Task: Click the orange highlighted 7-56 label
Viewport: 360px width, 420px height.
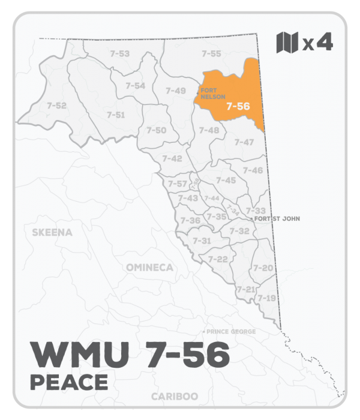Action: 238,106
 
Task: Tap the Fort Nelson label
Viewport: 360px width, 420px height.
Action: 209,93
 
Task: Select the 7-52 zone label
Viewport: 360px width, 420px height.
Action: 56,106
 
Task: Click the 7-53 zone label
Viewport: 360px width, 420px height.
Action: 120,54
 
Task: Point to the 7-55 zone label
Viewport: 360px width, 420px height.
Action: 211,54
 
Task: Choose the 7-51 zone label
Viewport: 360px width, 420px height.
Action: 116,115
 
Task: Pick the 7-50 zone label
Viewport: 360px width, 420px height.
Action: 157,130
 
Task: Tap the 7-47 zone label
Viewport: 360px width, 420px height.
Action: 244,142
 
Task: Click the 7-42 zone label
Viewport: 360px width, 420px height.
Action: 172,158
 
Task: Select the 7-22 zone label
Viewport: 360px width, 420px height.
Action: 218,259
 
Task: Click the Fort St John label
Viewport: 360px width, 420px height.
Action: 277,219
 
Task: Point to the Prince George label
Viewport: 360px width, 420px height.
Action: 231,332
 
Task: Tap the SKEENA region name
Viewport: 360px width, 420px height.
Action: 52,232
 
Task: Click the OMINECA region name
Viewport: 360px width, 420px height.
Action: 149,267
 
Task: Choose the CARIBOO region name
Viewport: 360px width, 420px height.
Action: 175,397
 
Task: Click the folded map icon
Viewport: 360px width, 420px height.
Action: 287,43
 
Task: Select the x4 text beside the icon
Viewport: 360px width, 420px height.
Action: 317,43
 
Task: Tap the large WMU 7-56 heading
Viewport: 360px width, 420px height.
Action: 129,355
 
